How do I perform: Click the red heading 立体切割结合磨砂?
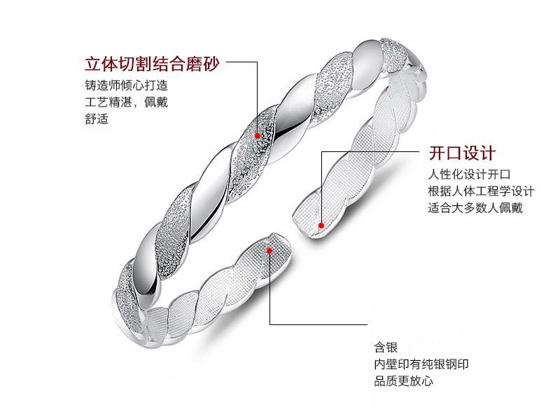(x=151, y=65)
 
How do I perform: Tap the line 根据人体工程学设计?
(x=481, y=191)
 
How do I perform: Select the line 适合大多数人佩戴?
(x=475, y=208)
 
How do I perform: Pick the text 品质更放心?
(x=404, y=381)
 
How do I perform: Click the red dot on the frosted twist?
(x=258, y=135)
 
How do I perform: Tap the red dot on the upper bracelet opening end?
(x=321, y=225)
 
